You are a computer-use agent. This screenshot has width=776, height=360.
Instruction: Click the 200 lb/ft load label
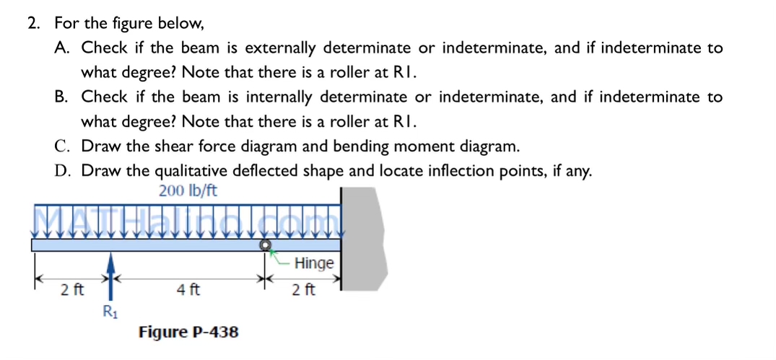tap(187, 191)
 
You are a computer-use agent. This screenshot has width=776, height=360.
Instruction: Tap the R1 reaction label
tap(109, 312)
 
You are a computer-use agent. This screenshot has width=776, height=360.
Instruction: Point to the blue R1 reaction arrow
tap(110, 274)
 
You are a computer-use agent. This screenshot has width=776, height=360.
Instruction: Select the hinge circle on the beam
tap(266, 245)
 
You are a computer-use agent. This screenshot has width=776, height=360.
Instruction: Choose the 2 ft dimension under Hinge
tap(303, 291)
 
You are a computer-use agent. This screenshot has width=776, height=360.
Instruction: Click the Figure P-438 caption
tap(188, 332)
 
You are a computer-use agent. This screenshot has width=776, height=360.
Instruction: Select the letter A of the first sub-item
tap(61, 48)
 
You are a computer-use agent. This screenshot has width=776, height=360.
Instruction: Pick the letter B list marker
tap(61, 97)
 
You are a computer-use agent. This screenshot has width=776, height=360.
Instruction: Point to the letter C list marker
tap(61, 146)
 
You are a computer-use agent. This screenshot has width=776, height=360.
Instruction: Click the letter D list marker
tap(61, 170)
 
